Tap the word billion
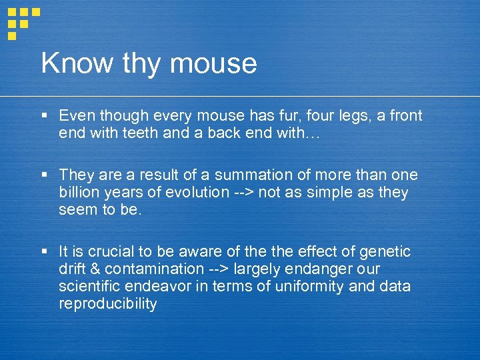point(78,193)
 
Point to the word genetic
point(385,252)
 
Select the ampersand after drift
point(95,269)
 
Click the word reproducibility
point(107,305)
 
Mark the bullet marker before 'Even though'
point(44,116)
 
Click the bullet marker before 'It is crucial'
point(44,252)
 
